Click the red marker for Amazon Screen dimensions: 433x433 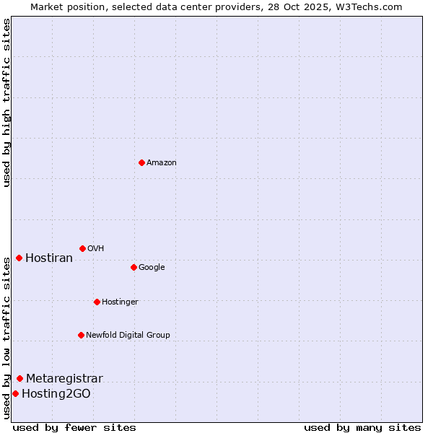coord(141,162)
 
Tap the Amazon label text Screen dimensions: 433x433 coord(161,163)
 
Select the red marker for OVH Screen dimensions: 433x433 coord(82,248)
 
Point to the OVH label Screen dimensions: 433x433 coord(96,249)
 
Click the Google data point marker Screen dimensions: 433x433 coord(134,267)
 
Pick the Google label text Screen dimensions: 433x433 coord(152,268)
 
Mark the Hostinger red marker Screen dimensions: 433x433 coord(97,302)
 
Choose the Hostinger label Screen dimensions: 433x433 coord(120,302)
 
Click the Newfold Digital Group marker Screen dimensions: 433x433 coord(81,335)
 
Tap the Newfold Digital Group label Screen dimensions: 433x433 coord(128,336)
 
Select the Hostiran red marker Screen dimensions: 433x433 coord(19,258)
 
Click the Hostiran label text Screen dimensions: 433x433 coord(49,258)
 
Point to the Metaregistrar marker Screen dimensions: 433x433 coord(19,378)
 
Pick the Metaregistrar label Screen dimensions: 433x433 coord(64,379)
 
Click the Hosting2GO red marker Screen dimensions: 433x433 coord(15,393)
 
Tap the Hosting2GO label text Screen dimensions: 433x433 coord(56,394)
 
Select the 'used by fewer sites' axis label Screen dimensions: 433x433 coord(74,427)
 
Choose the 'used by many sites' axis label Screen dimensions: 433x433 coord(362,427)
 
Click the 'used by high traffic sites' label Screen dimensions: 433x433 coord(6,102)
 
